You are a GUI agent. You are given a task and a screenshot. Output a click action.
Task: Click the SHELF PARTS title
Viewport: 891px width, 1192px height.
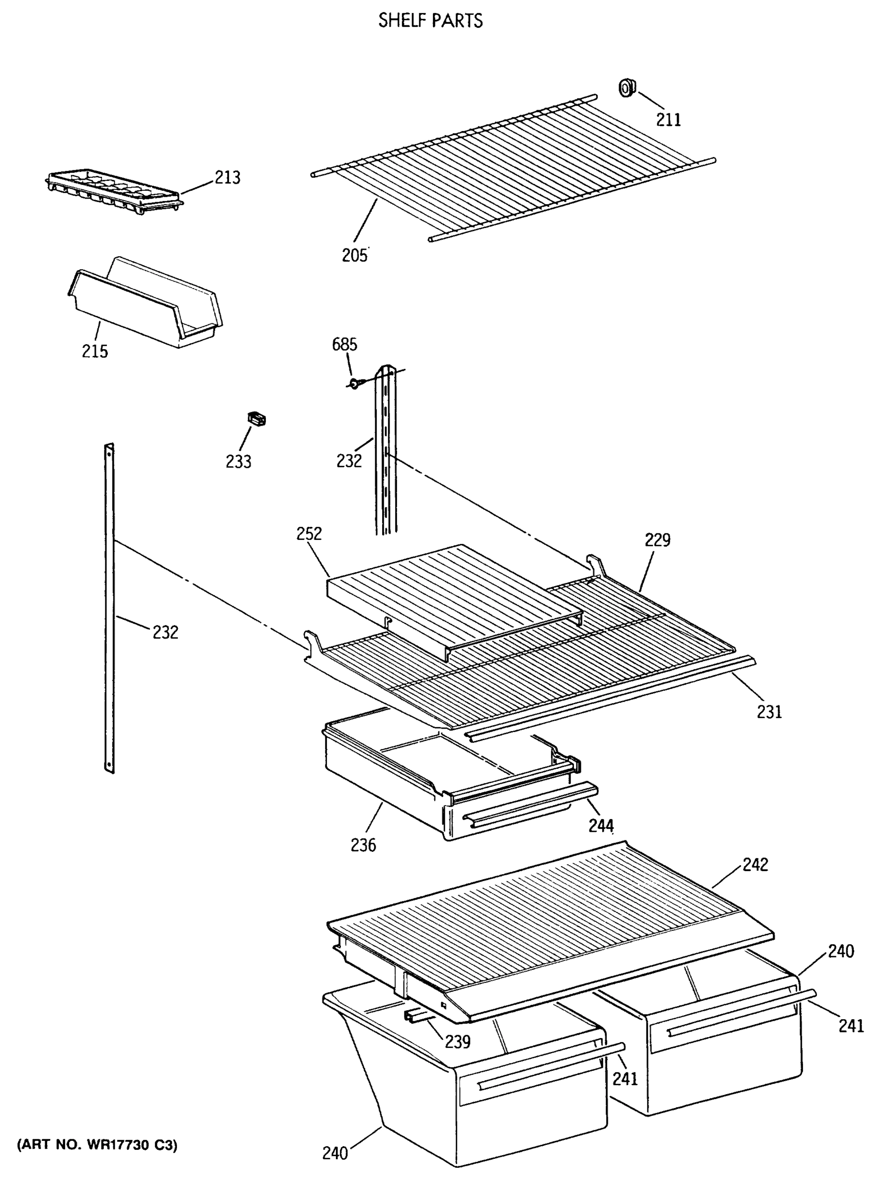[x=430, y=21]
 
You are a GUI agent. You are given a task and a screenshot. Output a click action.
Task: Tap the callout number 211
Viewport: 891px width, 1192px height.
[x=668, y=120]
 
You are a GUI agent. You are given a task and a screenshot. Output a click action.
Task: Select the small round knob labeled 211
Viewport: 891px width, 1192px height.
[x=626, y=87]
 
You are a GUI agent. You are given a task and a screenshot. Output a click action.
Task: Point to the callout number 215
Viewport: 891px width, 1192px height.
[x=95, y=351]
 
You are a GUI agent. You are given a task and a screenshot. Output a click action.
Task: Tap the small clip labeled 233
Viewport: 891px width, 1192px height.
[x=256, y=419]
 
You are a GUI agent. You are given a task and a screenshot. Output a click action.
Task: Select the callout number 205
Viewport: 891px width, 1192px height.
[x=354, y=255]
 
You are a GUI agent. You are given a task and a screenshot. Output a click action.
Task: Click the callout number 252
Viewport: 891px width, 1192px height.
[x=309, y=533]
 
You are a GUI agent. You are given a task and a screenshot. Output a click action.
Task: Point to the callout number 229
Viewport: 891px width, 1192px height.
[x=657, y=539]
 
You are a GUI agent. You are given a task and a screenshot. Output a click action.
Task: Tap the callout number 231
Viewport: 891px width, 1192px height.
[x=769, y=712]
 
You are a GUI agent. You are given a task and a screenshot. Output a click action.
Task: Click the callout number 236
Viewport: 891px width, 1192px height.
[x=363, y=845]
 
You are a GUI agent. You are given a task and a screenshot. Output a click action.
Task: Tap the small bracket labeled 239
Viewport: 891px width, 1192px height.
[x=415, y=1016]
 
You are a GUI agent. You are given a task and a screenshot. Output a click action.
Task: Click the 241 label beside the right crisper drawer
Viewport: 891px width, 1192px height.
[x=851, y=1026]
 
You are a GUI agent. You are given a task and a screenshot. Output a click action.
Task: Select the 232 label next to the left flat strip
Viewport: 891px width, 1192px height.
[x=165, y=632]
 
